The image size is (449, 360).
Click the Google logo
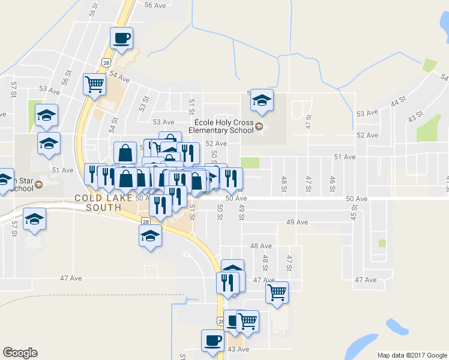coord(20,353)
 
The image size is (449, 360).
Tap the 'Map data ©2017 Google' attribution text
coord(412,355)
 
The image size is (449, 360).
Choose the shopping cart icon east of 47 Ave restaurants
coord(277,292)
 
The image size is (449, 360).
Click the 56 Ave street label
coord(155,5)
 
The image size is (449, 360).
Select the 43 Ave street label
coord(238,349)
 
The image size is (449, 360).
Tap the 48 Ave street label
coord(261,246)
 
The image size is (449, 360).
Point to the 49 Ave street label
coord(297,222)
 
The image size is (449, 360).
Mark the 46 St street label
coord(332,184)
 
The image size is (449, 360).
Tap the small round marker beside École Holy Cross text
coord(259,126)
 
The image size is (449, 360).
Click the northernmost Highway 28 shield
coord(106,62)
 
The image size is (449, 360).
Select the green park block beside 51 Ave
coord(250,163)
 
